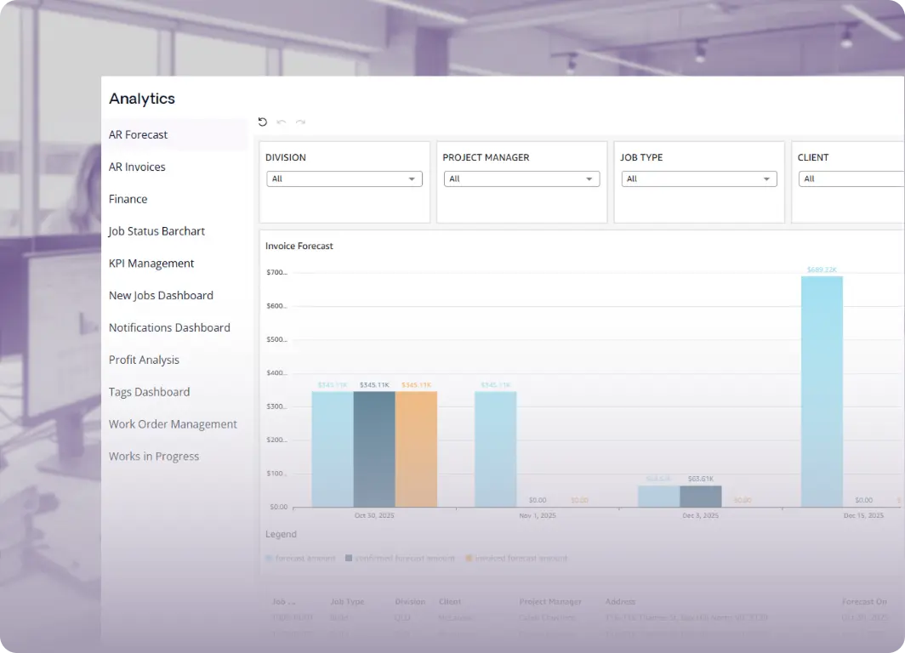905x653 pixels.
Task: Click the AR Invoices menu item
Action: (137, 167)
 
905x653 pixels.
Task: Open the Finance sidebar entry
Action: (128, 199)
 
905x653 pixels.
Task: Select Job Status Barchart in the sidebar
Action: (157, 231)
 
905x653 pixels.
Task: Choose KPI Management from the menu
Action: (151, 264)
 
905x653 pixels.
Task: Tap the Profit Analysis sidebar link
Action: (144, 360)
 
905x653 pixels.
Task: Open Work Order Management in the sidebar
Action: (173, 424)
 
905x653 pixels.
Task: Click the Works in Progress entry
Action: (154, 457)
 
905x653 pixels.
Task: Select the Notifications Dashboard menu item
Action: (169, 327)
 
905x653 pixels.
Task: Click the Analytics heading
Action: (142, 99)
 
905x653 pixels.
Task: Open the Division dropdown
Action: (344, 179)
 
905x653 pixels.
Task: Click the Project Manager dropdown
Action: (521, 179)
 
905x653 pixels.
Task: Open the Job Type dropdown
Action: (699, 179)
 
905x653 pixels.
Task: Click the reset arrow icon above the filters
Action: (263, 122)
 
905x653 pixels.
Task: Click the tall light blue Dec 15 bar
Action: (822, 391)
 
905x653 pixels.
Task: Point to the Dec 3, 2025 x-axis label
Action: (700, 515)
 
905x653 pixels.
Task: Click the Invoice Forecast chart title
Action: (299, 246)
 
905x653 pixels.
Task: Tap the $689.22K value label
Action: (822, 270)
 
